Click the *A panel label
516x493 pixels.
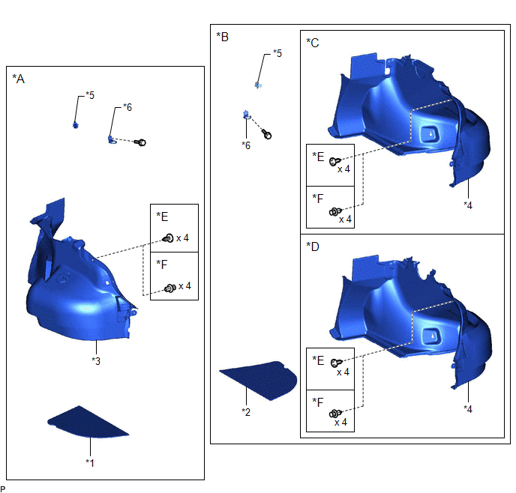[19, 79]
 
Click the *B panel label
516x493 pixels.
[223, 37]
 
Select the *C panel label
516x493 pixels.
[313, 43]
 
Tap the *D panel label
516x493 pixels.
[313, 246]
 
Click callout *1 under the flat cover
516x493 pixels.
[90, 463]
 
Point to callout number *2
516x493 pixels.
[246, 412]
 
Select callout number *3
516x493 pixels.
[96, 361]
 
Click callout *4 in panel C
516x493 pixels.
[468, 205]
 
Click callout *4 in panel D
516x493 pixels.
[468, 409]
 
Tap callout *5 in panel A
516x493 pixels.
[90, 95]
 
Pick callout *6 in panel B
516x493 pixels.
[246, 145]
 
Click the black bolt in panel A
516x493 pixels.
[140, 142]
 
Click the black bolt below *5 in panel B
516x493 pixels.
[267, 134]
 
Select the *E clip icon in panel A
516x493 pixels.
[168, 238]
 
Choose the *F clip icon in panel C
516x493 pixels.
[335, 212]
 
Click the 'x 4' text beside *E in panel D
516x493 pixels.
[343, 372]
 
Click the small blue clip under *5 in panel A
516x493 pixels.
[76, 125]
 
